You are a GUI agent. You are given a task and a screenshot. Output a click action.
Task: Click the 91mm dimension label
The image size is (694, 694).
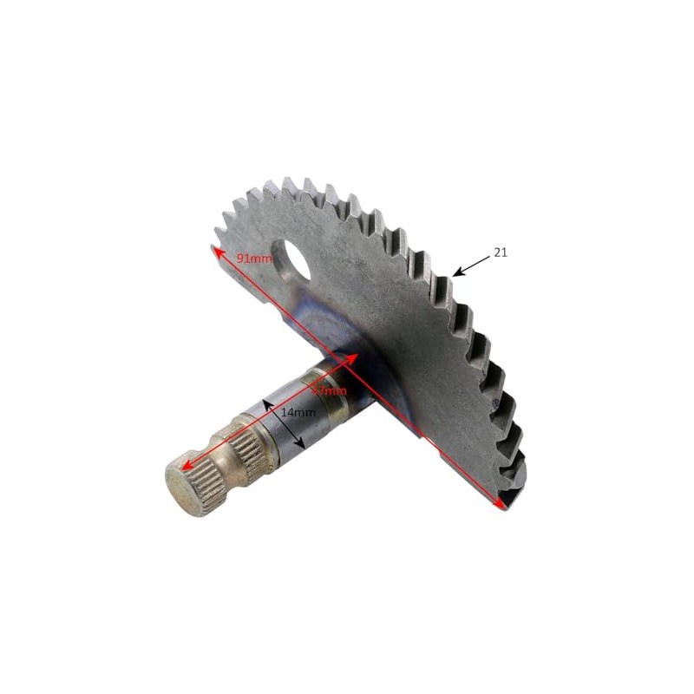pyautogui.click(x=255, y=258)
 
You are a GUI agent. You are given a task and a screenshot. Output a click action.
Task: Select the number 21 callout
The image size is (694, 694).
pyautogui.click(x=501, y=252)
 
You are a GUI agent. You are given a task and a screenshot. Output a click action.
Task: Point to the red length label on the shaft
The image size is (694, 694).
pyautogui.click(x=332, y=390)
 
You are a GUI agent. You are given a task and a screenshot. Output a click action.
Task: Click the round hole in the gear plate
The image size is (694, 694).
pyautogui.click(x=289, y=260)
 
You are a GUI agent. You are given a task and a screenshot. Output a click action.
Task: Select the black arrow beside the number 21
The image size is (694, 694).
pyautogui.click(x=471, y=265)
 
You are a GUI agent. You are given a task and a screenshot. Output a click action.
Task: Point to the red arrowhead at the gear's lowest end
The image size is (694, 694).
pyautogui.click(x=501, y=503)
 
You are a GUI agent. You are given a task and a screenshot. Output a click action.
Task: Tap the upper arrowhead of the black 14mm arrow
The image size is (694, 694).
pyautogui.click(x=266, y=403)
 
